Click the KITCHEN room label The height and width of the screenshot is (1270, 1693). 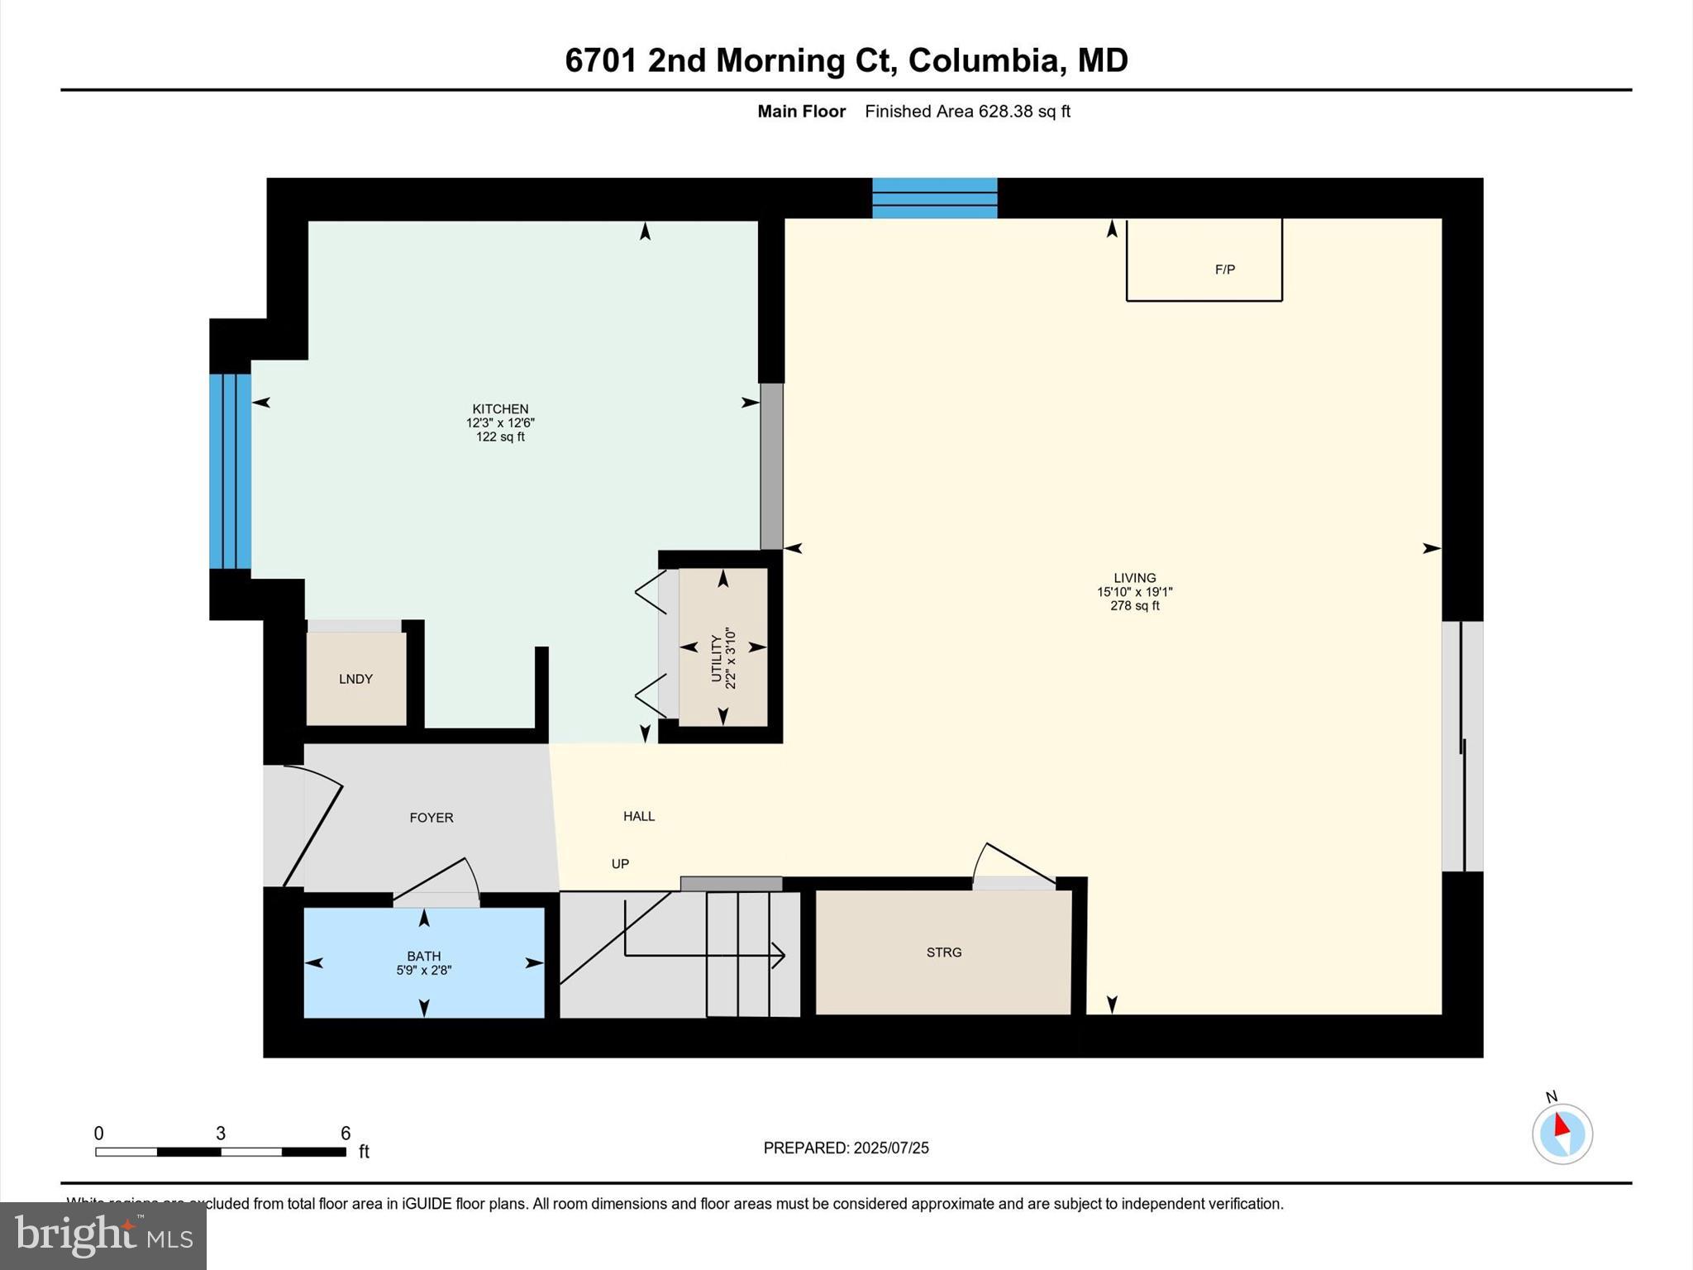pos(500,408)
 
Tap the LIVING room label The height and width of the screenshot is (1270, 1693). pos(1134,578)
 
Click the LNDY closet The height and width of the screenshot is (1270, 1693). pos(356,679)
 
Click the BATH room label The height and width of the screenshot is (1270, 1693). pos(424,956)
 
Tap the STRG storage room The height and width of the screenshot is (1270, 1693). pos(943,952)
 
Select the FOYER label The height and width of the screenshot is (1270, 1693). pos(432,818)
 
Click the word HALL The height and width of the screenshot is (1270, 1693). pos(639,816)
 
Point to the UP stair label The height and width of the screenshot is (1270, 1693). pos(620,864)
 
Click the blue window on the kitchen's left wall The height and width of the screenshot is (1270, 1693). pos(230,471)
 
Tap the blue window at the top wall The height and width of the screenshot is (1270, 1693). pos(935,198)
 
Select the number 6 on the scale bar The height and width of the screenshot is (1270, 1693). pos(346,1134)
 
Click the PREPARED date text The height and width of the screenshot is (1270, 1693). pos(846,1148)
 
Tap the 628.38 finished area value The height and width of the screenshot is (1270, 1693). pos(1005,112)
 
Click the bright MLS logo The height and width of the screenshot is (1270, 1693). pos(103,1235)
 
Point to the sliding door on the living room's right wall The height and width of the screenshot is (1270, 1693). pos(1462,746)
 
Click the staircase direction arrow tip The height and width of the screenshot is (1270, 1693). pos(781,956)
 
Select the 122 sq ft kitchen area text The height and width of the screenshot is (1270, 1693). pos(500,437)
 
